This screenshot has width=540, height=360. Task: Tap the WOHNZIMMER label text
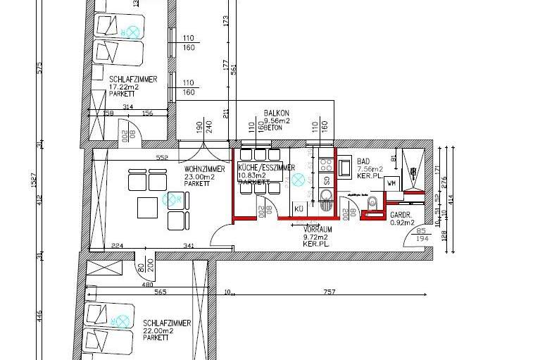click(x=204, y=170)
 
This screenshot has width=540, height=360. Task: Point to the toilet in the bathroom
click(x=371, y=204)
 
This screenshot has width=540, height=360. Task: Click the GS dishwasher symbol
click(x=327, y=180)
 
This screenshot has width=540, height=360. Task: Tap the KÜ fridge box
click(x=298, y=209)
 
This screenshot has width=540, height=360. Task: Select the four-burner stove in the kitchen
click(x=327, y=165)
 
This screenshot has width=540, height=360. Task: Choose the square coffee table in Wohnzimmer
click(x=147, y=207)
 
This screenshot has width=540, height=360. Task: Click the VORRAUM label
click(x=317, y=230)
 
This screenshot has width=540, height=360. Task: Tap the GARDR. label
click(x=401, y=215)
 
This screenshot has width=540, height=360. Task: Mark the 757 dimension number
click(x=329, y=292)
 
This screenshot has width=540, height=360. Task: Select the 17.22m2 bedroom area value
click(x=124, y=87)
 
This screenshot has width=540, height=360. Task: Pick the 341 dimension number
click(x=189, y=246)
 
